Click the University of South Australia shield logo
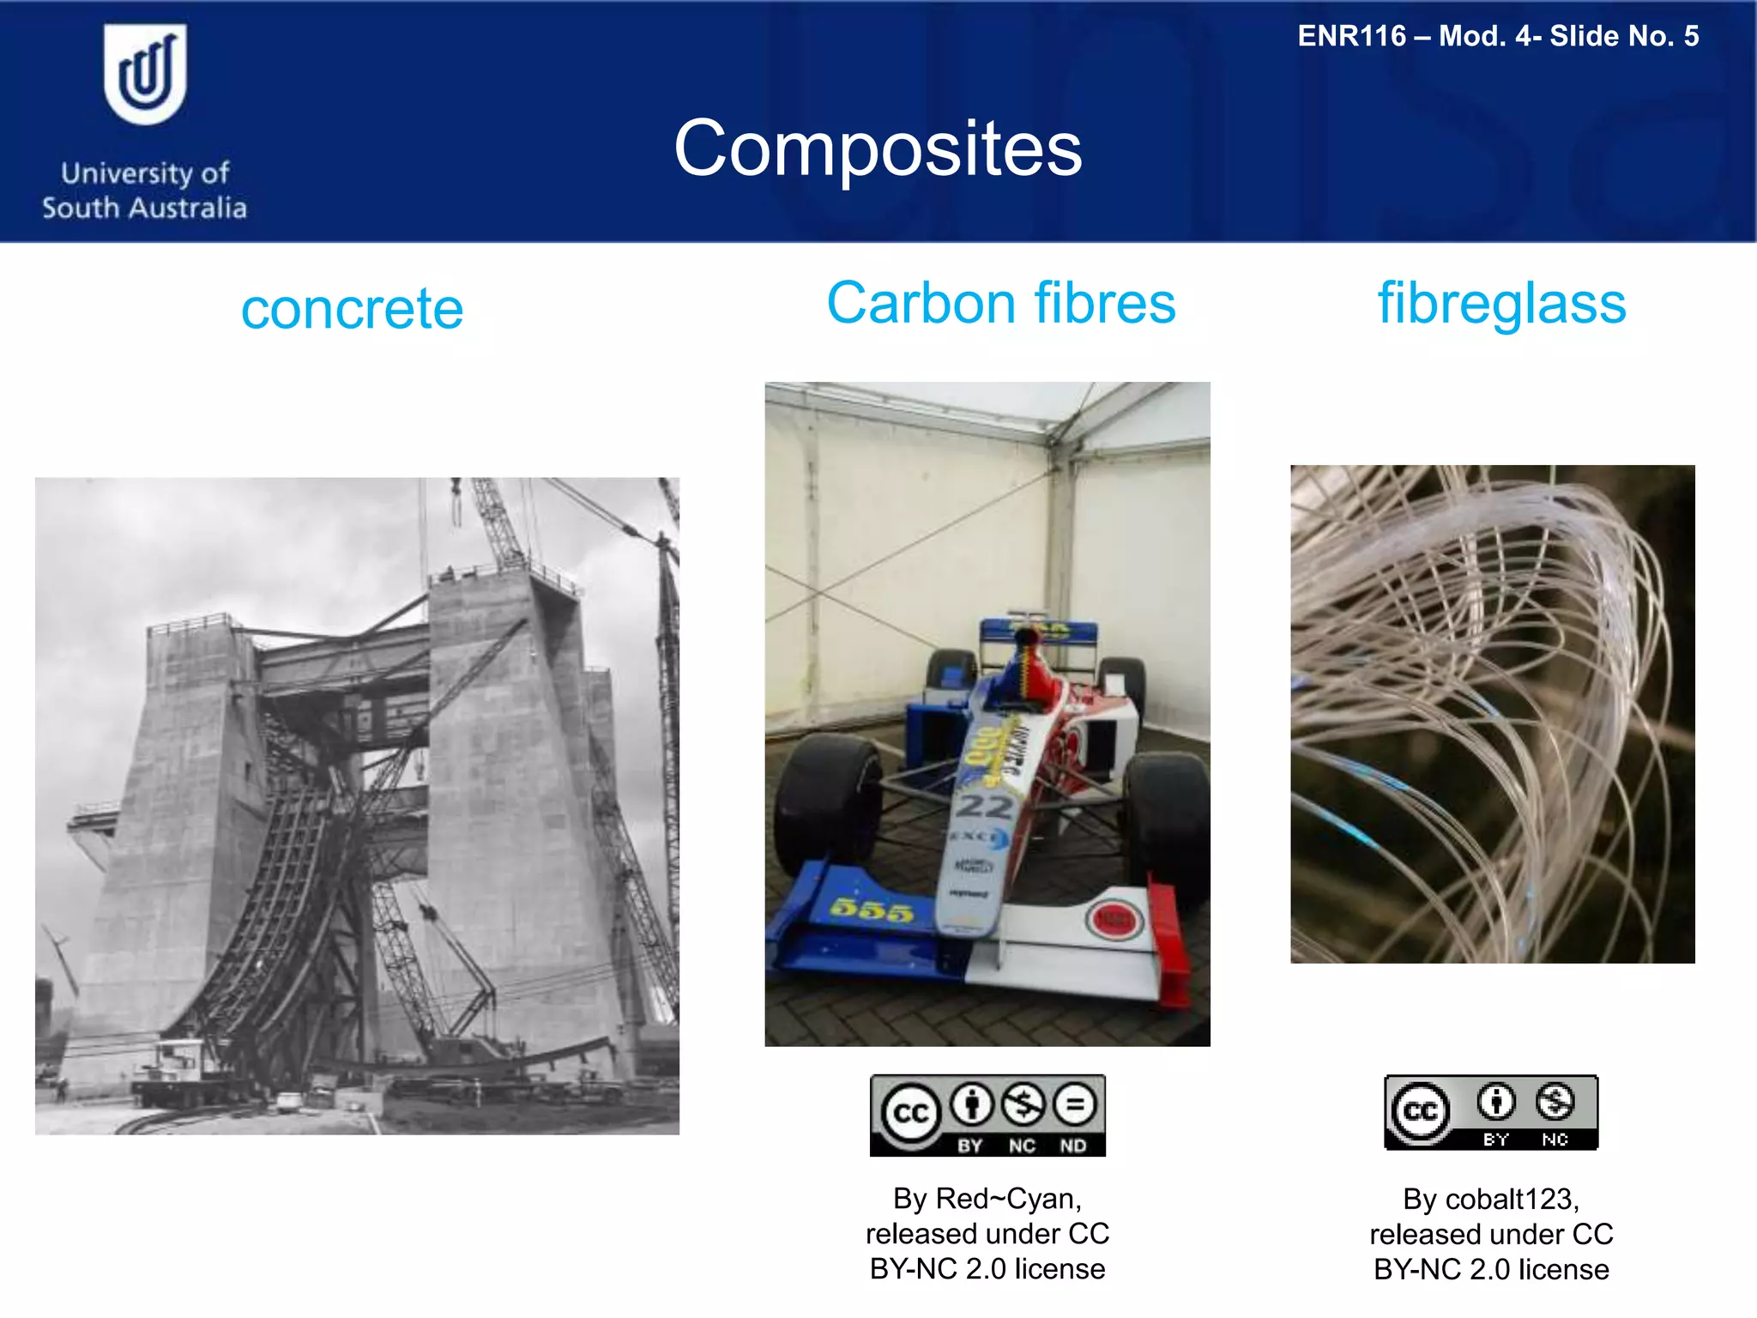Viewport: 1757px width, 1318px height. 144,75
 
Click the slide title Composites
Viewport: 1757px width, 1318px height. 878,149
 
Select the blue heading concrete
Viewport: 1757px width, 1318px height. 352,309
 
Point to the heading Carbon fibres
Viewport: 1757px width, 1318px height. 1000,304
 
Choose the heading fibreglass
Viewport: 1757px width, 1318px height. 1501,304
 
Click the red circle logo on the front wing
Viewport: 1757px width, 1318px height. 1114,921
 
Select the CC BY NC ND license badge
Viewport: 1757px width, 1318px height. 987,1115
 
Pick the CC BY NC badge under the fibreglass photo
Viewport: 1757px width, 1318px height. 1491,1112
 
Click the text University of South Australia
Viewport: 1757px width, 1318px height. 144,190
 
